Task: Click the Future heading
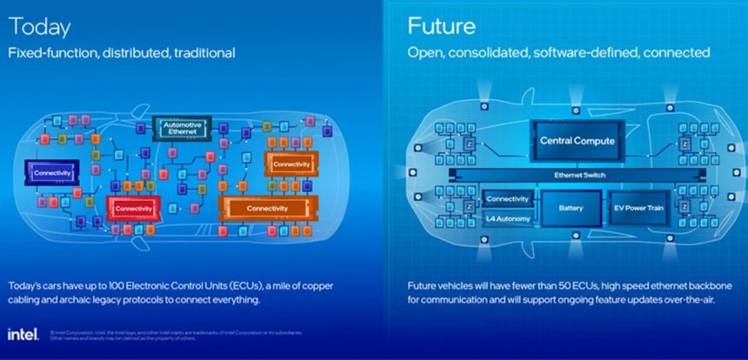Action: pos(441,26)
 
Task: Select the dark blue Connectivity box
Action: pos(51,173)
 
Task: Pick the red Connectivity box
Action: pos(133,209)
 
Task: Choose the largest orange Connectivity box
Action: pos(267,209)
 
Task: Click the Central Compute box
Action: pos(577,140)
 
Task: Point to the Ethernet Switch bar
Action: pos(580,175)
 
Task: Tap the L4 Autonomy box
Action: pos(507,218)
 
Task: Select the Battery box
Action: pos(571,209)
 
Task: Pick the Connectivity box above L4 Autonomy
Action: pos(507,199)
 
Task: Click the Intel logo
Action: pos(22,335)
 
